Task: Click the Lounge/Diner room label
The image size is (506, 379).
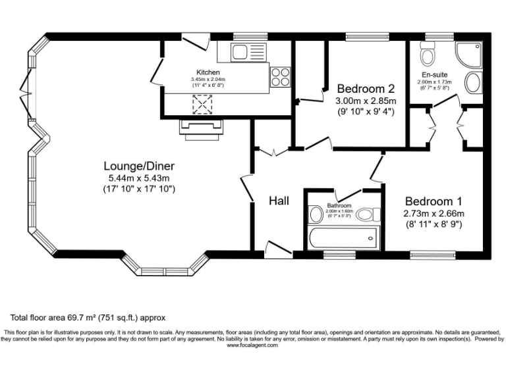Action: pyautogui.click(x=138, y=166)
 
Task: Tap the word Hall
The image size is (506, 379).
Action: pyautogui.click(x=279, y=201)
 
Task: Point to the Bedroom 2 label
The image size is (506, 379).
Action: pyautogui.click(x=366, y=89)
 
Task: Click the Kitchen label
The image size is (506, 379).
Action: pyautogui.click(x=208, y=72)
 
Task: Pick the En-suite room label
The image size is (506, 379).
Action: pyautogui.click(x=434, y=74)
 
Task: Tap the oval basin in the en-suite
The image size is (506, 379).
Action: pyautogui.click(x=472, y=83)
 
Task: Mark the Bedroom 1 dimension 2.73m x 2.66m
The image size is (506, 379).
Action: pyautogui.click(x=434, y=213)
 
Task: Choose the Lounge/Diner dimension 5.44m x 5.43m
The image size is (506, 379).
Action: pyautogui.click(x=138, y=178)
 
